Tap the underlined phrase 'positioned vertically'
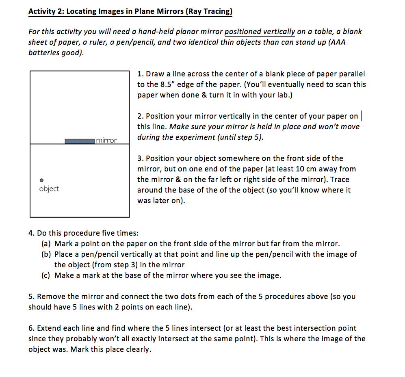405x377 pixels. point(260,32)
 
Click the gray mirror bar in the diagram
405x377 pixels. point(80,141)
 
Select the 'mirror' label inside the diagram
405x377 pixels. point(106,141)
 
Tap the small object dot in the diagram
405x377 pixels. point(41,180)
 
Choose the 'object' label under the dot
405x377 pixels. point(49,189)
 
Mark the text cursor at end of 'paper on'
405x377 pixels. point(361,116)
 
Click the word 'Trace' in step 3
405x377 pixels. point(340,180)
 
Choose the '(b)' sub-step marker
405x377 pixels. point(46,254)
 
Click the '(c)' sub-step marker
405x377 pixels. point(46,275)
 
